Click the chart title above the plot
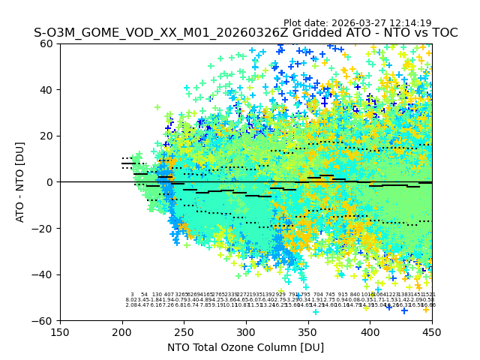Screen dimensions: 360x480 (245, 33)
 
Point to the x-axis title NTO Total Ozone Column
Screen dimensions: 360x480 (245, 347)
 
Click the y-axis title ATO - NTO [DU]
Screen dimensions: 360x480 (21, 182)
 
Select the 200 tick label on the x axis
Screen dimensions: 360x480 (122, 331)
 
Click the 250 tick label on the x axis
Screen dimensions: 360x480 (184, 331)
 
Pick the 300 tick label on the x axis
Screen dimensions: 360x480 (246, 331)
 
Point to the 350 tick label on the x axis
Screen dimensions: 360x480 (307, 331)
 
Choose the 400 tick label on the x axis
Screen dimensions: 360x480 (370, 331)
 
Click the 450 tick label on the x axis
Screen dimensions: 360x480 (431, 331)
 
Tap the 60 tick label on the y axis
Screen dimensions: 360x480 (47, 43)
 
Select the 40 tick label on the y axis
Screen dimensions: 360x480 (47, 90)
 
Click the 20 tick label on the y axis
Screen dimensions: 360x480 (47, 136)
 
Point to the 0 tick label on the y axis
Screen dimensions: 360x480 (50, 182)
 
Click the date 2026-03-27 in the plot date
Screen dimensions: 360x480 (361, 23)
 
